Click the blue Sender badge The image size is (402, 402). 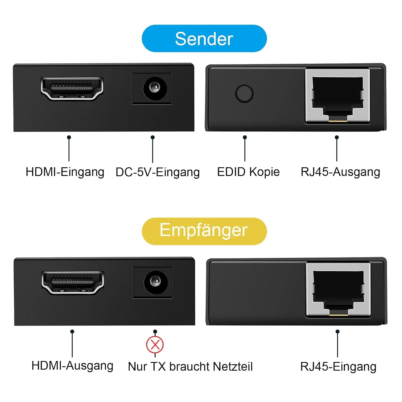pyautogui.click(x=204, y=38)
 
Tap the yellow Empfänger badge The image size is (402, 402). pyautogui.click(x=204, y=231)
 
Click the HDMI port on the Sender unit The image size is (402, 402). pyautogui.click(x=72, y=89)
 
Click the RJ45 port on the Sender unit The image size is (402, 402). pyautogui.click(x=338, y=96)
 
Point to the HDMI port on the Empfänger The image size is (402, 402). pyautogui.click(x=73, y=283)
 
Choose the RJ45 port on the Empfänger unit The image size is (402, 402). pyautogui.click(x=338, y=290)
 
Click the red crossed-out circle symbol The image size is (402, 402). pyautogui.click(x=155, y=345)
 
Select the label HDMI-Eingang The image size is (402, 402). pyautogui.click(x=65, y=172)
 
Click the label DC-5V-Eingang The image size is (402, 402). pyautogui.click(x=158, y=172)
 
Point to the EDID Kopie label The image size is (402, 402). pyautogui.click(x=248, y=172)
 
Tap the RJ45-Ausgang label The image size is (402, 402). pyautogui.click(x=340, y=172)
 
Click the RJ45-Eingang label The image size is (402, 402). pyautogui.click(x=338, y=367)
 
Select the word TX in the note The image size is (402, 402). pyautogui.click(x=158, y=367)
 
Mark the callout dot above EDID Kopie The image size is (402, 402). pyautogui.click(x=245, y=137)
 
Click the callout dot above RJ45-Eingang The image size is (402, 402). pyautogui.click(x=337, y=332)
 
